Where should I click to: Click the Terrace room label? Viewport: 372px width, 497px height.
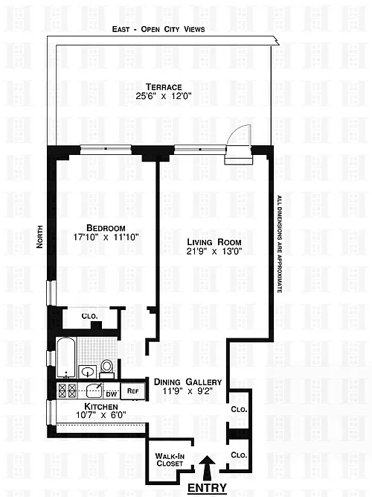(164, 87)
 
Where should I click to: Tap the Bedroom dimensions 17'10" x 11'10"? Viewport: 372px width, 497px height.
(106, 237)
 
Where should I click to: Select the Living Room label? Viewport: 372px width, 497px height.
(214, 242)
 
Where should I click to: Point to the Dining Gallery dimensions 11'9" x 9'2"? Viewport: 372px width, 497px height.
(187, 391)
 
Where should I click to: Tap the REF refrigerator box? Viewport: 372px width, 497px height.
(133, 391)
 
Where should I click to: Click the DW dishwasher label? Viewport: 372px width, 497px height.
(111, 394)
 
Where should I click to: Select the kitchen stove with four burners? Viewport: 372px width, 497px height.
(68, 390)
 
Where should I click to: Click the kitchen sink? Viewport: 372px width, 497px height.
(94, 390)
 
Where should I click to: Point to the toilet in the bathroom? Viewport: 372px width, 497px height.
(106, 368)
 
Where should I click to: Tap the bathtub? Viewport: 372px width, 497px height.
(66, 358)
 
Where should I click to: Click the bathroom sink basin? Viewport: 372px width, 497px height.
(88, 372)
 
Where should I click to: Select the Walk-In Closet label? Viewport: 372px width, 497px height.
(170, 460)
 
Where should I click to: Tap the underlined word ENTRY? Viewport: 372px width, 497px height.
(208, 488)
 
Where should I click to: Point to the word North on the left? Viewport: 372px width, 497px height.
(39, 236)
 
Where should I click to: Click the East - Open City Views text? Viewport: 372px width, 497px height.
(158, 29)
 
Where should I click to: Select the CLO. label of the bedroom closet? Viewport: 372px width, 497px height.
(89, 317)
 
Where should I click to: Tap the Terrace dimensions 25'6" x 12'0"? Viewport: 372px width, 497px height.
(164, 95)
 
